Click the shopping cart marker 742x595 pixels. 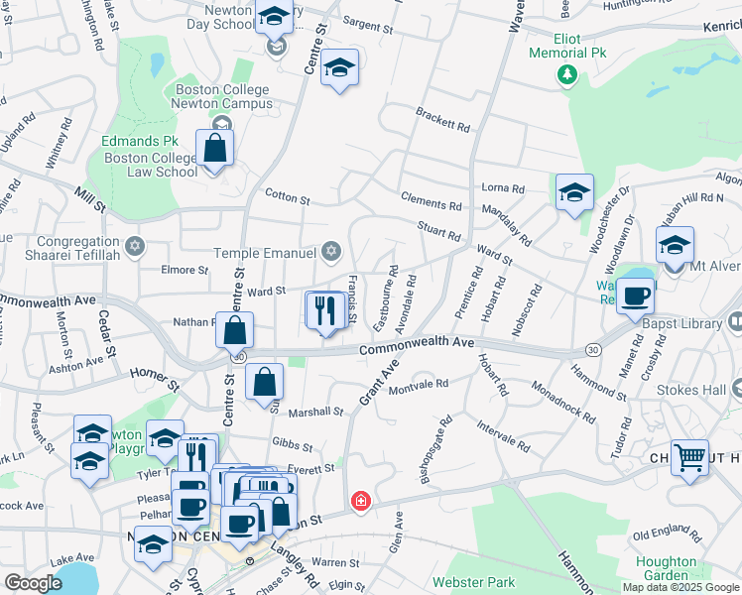tap(689, 458)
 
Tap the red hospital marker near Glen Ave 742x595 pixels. tap(360, 503)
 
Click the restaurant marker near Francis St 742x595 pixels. tap(325, 311)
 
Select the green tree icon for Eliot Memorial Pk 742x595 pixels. tap(566, 74)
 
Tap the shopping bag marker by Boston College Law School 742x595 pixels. tap(214, 150)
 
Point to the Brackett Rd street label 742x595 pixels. tap(442, 119)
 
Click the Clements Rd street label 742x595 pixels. tap(432, 203)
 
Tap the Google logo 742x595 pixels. tap(33, 583)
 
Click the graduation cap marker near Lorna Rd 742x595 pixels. tap(574, 194)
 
